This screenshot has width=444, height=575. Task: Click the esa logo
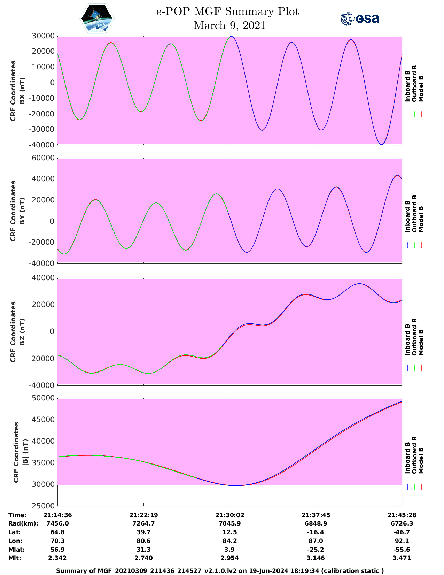tap(359, 18)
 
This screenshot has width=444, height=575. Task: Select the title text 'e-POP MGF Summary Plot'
tap(227, 12)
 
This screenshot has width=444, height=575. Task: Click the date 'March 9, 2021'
tap(229, 25)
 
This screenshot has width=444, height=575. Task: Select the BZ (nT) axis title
tap(22, 331)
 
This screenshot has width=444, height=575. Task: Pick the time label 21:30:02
tap(229, 515)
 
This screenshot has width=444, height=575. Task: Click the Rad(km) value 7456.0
tap(57, 523)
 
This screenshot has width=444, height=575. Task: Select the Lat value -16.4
tap(316, 532)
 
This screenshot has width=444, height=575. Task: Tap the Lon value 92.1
tap(402, 541)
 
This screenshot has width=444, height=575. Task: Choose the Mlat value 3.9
tap(229, 550)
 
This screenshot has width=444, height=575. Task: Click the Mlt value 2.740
tap(143, 558)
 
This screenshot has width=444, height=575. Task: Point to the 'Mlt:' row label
tap(15, 558)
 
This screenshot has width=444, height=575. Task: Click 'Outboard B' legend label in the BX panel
tap(414, 84)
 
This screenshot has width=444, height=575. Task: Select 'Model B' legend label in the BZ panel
tap(421, 342)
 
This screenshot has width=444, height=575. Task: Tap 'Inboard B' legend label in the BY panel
tap(407, 216)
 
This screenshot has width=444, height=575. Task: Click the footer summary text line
tap(220, 571)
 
